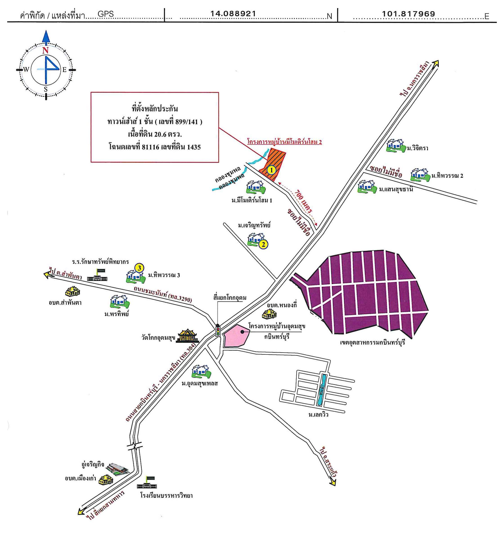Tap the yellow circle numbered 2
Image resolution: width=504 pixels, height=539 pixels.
(x=263, y=244)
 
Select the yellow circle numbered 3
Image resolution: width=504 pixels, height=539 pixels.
(x=139, y=268)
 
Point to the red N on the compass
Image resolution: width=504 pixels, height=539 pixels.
(x=45, y=50)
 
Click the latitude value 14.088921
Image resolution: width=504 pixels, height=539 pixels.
(x=233, y=14)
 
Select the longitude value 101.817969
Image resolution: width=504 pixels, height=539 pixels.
(x=408, y=14)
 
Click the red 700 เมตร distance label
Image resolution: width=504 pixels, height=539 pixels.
(x=303, y=201)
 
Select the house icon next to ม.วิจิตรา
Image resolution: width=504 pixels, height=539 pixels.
(x=395, y=145)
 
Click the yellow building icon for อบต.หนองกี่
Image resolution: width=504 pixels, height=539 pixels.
(x=269, y=314)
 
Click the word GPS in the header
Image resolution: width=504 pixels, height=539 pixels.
(x=105, y=14)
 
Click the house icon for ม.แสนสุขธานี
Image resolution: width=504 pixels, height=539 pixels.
(x=367, y=187)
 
